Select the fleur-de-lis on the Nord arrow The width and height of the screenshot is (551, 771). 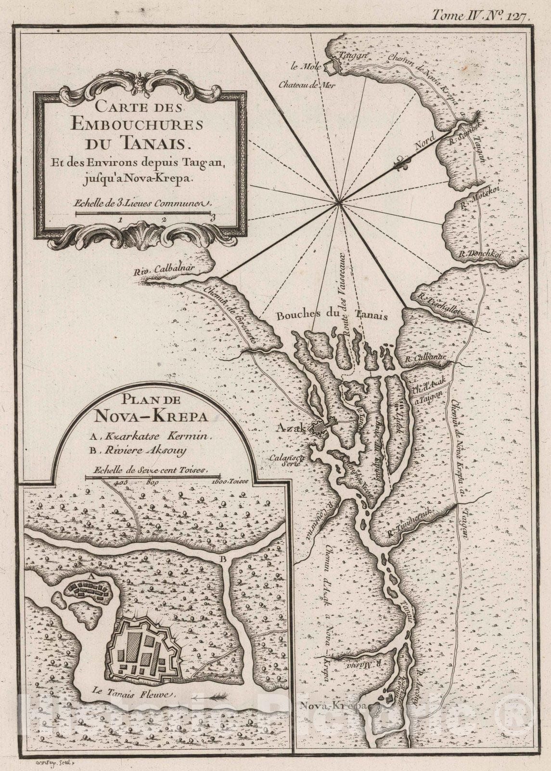coord(400,164)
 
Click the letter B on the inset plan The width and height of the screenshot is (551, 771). coord(223,559)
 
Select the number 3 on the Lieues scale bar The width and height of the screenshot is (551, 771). coord(212,217)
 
